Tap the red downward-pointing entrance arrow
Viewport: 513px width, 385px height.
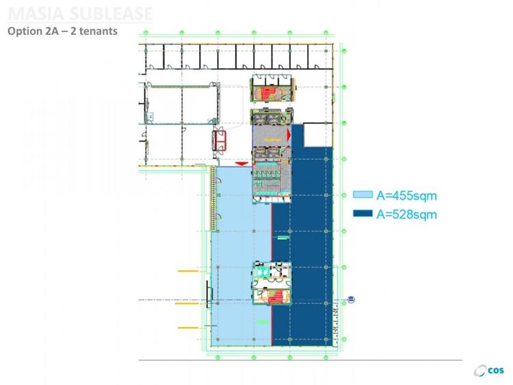point(240,163)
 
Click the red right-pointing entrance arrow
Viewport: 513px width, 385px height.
point(290,135)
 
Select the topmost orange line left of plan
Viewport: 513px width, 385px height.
point(187,271)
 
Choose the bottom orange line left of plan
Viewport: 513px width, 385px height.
point(187,328)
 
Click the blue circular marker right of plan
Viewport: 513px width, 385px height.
point(352,299)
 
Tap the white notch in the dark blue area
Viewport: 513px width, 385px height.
point(315,135)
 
